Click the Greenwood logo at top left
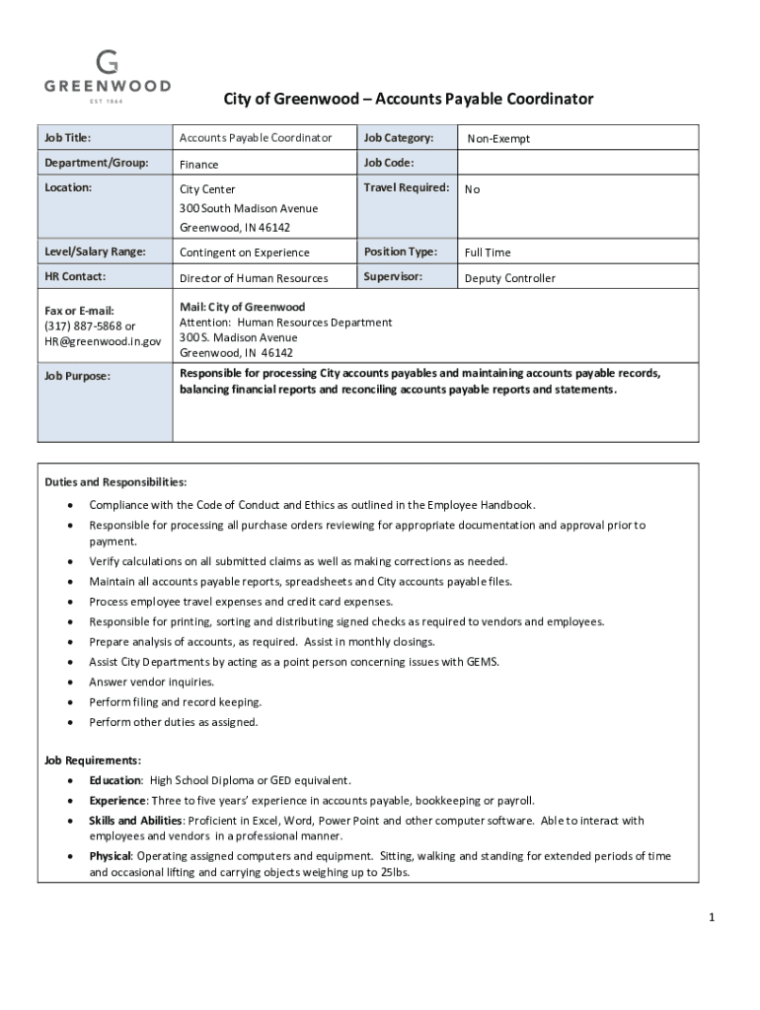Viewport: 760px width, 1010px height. (107, 74)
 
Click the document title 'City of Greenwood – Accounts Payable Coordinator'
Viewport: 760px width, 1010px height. (409, 99)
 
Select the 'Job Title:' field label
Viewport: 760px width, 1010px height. (68, 138)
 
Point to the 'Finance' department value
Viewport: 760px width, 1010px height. (198, 165)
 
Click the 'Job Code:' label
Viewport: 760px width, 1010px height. (388, 163)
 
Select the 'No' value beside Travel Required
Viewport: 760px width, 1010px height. (472, 189)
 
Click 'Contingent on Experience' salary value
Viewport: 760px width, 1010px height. (244, 253)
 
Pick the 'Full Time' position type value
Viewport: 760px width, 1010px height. (488, 253)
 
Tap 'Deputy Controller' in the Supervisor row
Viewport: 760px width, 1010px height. (509, 278)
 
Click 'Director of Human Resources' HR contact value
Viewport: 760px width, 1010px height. (253, 279)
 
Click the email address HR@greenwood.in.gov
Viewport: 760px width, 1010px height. (102, 341)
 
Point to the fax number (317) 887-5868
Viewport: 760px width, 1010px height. (83, 326)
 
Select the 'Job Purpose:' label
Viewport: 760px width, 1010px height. (77, 376)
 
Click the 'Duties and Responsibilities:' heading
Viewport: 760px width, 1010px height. (115, 482)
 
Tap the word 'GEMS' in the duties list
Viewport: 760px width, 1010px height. (482, 662)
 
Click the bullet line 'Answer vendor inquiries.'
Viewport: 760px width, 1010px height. (151, 682)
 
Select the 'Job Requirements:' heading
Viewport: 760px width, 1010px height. (93, 760)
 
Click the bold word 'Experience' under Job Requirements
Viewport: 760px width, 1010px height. (117, 800)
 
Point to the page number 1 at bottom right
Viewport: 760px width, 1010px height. (711, 918)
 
